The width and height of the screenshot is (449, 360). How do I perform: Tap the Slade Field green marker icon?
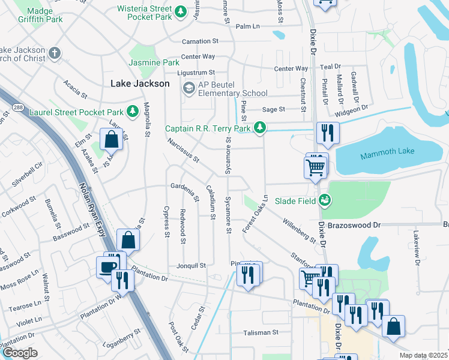pos(325,200)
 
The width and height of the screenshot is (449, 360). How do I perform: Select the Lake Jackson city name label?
pos(140,84)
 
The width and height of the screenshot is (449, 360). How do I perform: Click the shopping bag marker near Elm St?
pos(112,139)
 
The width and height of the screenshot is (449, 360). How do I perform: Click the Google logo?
pos(20,352)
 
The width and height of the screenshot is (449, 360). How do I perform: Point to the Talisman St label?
pos(261,332)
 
